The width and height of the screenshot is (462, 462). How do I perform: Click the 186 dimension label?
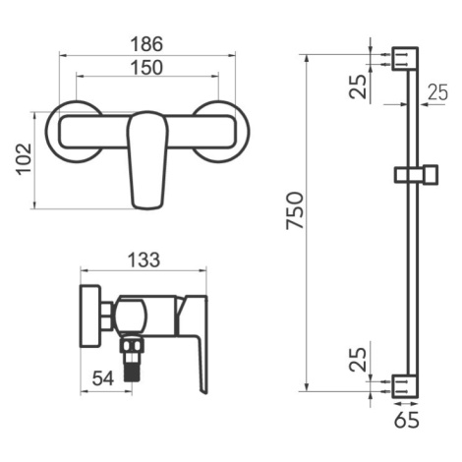[146, 44]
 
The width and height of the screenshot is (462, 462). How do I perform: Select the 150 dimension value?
[146, 67]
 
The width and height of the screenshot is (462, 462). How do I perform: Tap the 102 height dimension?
[25, 159]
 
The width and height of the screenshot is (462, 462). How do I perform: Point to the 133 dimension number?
[144, 260]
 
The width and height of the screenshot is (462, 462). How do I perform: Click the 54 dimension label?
[103, 378]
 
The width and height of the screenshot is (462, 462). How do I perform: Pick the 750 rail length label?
[295, 210]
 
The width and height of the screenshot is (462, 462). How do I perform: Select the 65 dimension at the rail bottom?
[407, 420]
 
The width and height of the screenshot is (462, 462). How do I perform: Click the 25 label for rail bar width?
[437, 92]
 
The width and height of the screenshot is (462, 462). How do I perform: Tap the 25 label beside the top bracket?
[358, 87]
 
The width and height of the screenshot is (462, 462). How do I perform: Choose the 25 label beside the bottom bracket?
[358, 360]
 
